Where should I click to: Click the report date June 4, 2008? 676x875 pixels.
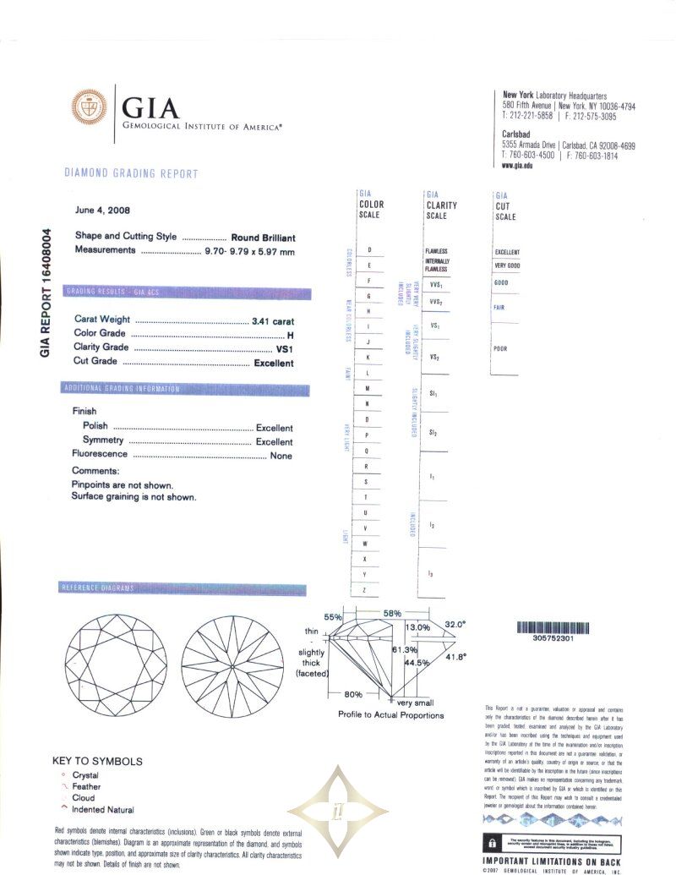pos(103,210)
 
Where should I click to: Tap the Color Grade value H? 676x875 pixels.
pos(290,334)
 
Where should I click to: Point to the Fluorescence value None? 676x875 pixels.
pos(281,456)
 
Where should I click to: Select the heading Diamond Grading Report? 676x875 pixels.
pos(131,174)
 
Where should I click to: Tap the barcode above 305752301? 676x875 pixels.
pos(554,628)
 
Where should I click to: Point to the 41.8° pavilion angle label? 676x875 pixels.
pos(456,657)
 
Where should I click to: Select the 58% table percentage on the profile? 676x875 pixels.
pos(392,613)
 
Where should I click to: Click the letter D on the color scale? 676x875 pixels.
pos(369,251)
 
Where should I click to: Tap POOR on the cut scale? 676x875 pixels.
pos(500,348)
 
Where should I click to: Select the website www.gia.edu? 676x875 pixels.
pos(517,166)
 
